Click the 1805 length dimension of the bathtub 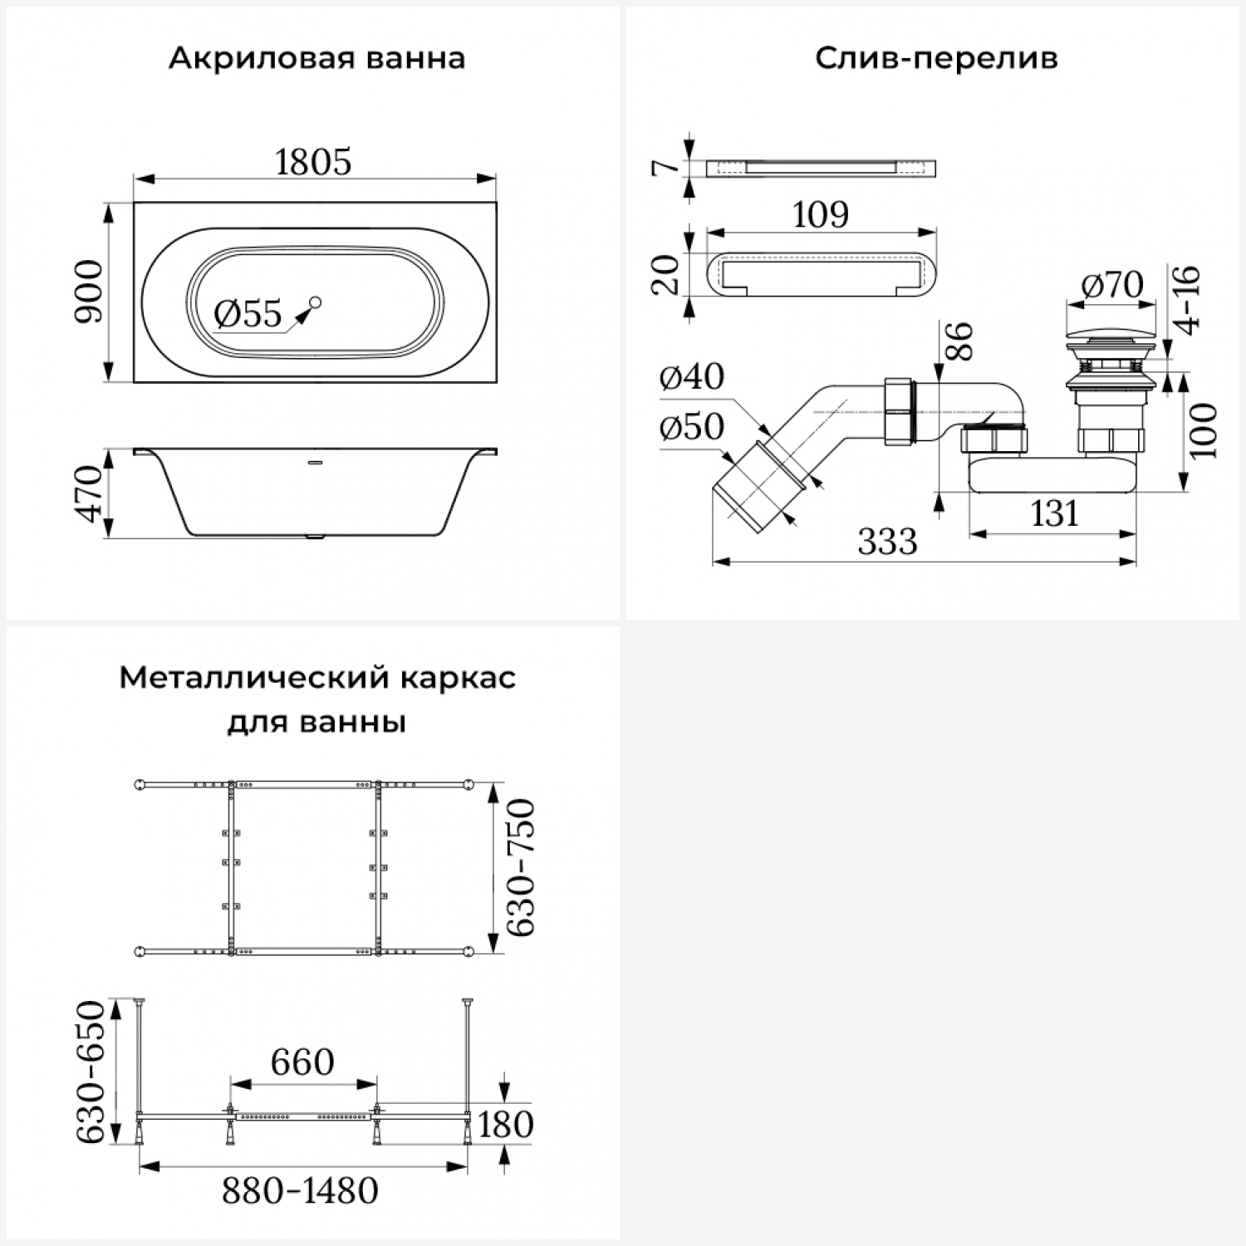[313, 162]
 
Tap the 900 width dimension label [89, 292]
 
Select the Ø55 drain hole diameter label [248, 314]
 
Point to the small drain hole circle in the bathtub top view [315, 302]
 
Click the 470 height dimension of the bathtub [89, 494]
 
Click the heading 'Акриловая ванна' [316, 59]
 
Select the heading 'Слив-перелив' [936, 59]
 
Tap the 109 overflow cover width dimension [821, 215]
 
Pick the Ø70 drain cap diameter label [1112, 286]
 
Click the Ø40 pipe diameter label [691, 376]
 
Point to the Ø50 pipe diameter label [691, 427]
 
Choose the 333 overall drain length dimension [887, 542]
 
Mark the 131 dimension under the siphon [1054, 514]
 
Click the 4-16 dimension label [1189, 300]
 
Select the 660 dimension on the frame [302, 1062]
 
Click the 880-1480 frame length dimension [300, 1191]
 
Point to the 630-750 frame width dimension [522, 867]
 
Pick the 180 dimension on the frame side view [505, 1125]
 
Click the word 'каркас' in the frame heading [458, 678]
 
